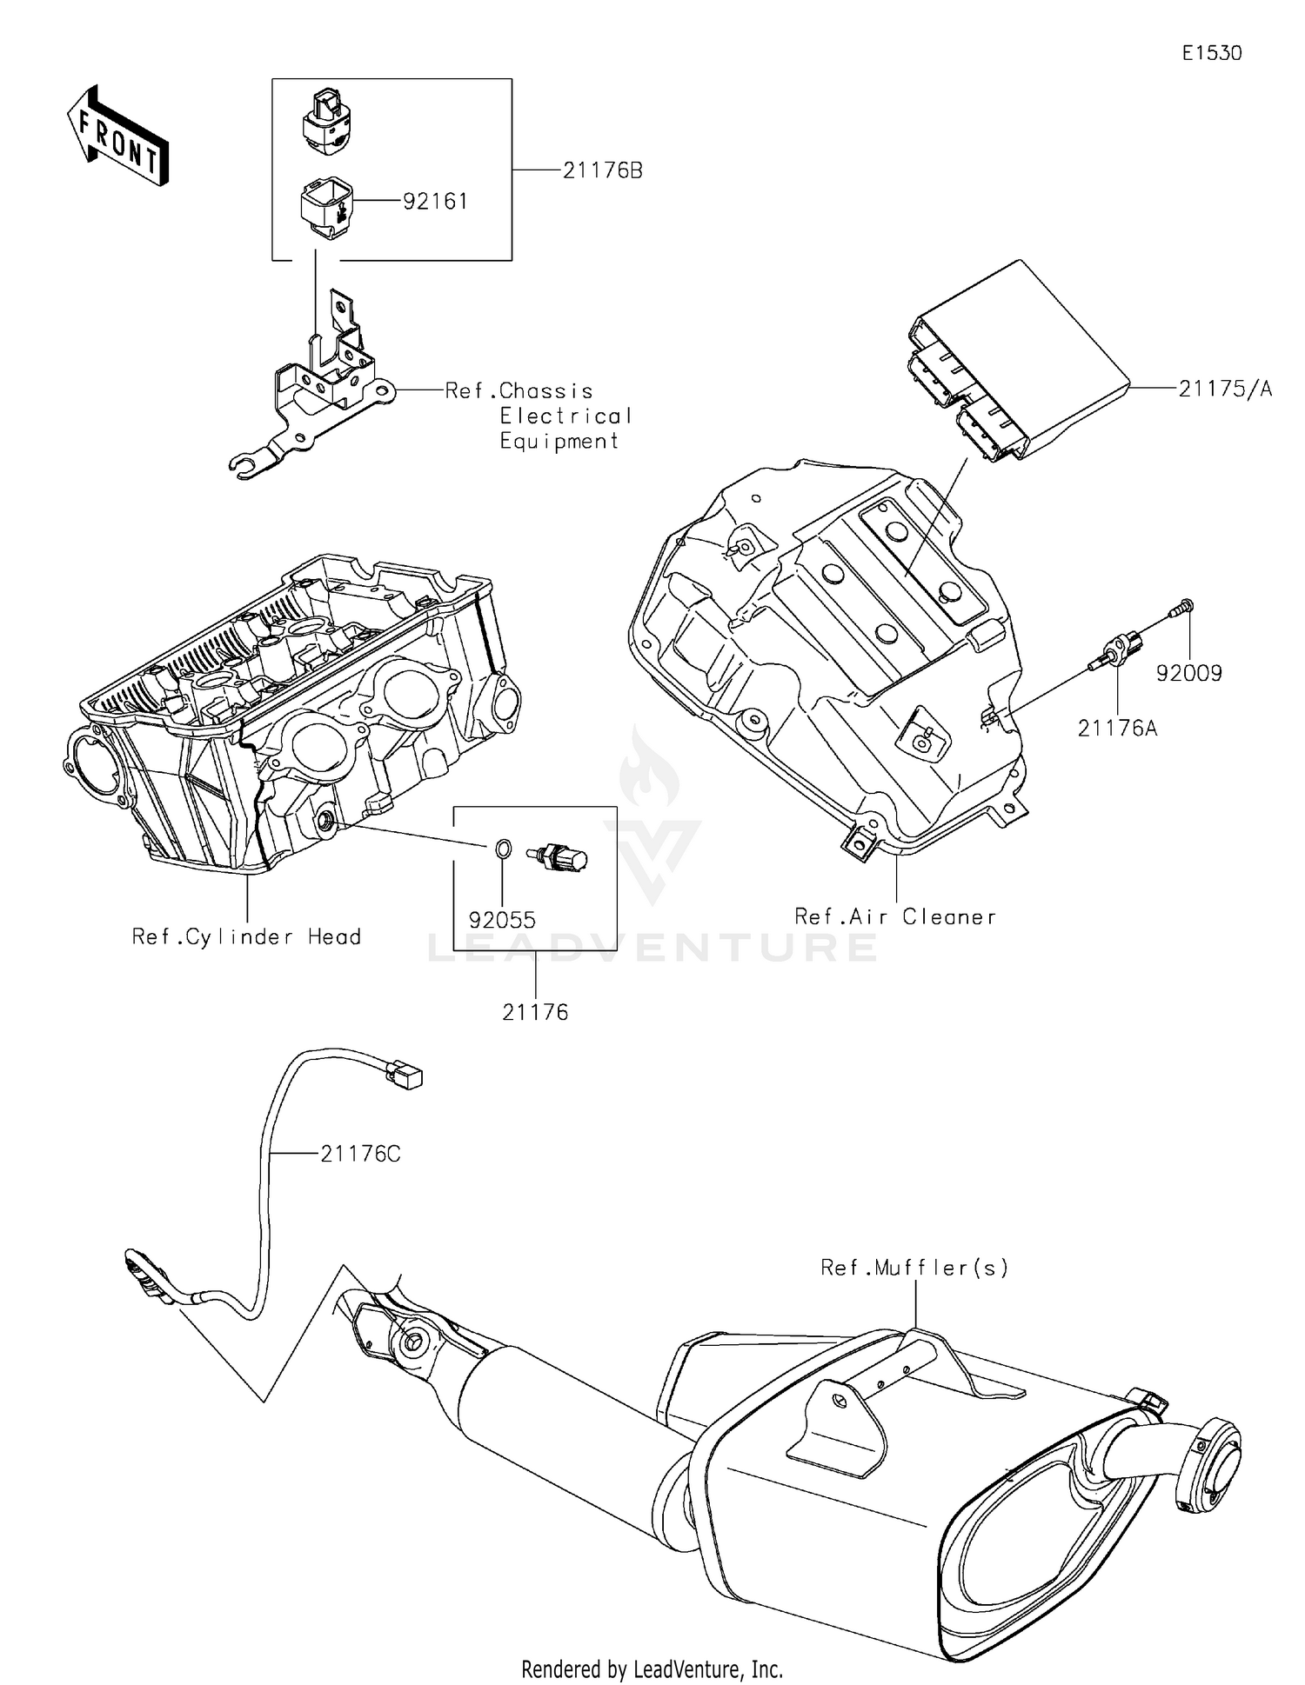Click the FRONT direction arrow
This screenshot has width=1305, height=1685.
(117, 136)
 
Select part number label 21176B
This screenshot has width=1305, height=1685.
(602, 170)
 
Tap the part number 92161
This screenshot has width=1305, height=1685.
(435, 202)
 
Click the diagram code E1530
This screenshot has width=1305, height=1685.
(1211, 53)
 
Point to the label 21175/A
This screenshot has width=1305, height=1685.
(1224, 389)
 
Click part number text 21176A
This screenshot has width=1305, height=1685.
(1117, 729)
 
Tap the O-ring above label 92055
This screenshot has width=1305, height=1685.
(502, 849)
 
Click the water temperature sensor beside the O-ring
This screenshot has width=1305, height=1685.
(559, 858)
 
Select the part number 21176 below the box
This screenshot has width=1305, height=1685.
(535, 1012)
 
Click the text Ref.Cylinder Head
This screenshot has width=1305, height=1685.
(246, 936)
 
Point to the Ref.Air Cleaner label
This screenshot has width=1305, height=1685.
(895, 916)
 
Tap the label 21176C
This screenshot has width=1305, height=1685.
(360, 1154)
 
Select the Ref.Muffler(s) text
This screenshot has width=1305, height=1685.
(914, 1268)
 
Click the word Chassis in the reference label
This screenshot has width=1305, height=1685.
(545, 391)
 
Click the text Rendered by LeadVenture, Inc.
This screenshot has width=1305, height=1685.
(652, 1668)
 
